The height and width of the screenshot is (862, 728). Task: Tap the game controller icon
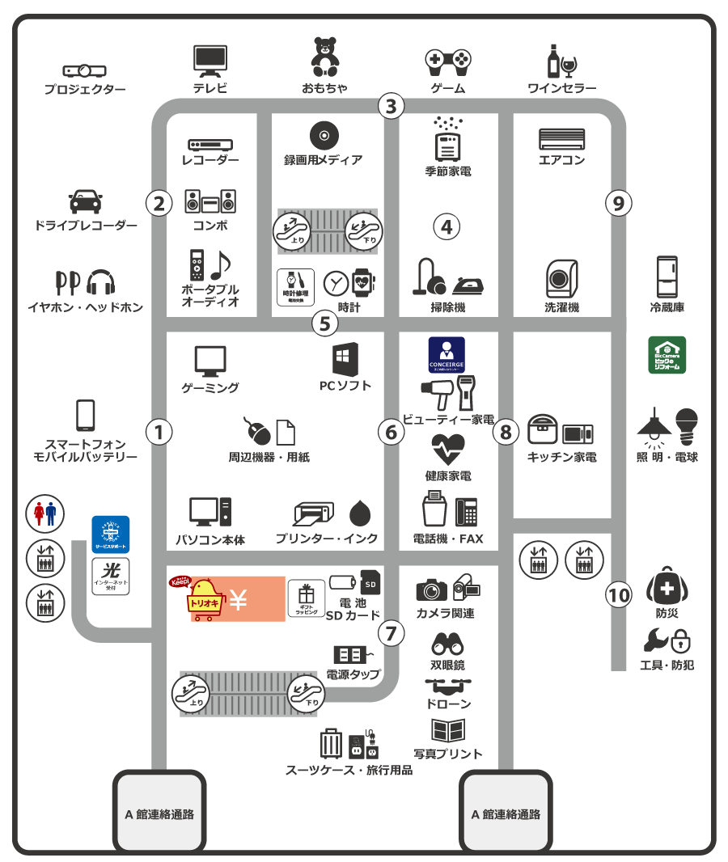point(448,61)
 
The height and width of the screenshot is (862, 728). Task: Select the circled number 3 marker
point(392,105)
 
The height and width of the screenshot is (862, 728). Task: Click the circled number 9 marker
point(619,204)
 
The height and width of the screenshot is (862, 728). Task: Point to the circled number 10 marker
point(619,596)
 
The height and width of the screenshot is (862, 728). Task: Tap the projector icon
point(85,71)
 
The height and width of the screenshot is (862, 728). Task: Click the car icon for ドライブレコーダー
point(85,201)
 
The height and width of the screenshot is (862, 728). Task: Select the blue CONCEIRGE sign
point(447,354)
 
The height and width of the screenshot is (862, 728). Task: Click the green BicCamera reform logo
point(667,355)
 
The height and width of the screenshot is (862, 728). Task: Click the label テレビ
point(210,88)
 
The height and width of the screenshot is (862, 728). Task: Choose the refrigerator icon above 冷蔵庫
point(667,276)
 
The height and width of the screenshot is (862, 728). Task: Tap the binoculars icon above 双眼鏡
point(447,643)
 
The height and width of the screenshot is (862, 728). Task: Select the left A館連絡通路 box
point(159,813)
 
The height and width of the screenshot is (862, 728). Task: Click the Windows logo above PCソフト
point(345,359)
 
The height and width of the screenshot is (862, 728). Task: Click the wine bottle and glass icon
point(561,61)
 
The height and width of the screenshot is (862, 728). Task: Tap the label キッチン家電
point(561,457)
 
